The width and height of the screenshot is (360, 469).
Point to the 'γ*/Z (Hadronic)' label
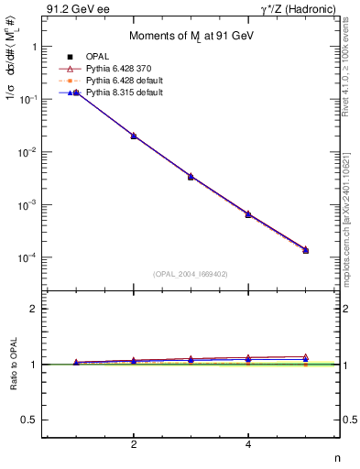tap(298, 9)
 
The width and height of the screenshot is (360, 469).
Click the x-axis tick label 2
tap(134, 444)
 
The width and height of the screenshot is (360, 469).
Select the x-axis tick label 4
tap(248, 444)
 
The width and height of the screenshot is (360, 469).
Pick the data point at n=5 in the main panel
tap(305, 250)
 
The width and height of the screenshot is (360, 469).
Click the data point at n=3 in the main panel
tap(191, 176)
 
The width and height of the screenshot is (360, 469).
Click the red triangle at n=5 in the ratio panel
tap(305, 357)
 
